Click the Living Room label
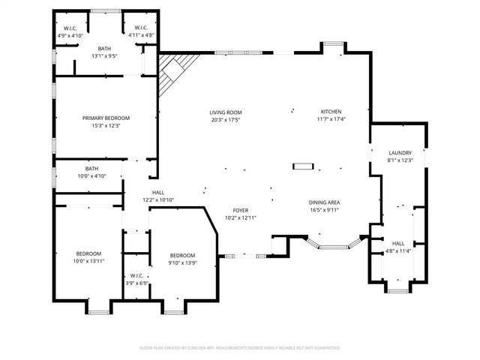(x=226, y=112)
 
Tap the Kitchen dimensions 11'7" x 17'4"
(x=331, y=119)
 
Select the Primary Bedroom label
(x=106, y=118)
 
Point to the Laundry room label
(x=400, y=153)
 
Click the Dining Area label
(x=324, y=202)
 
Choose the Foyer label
(x=241, y=210)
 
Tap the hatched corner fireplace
(x=175, y=73)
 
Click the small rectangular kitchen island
(x=303, y=166)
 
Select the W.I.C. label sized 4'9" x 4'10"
(x=70, y=28)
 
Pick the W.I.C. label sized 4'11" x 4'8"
(x=141, y=28)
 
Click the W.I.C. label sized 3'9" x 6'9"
(x=136, y=276)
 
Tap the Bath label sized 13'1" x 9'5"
(x=104, y=49)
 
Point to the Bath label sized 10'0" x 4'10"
(x=91, y=169)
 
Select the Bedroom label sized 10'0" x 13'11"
(x=88, y=253)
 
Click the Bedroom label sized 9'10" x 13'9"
(x=182, y=256)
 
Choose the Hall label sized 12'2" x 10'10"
(x=158, y=193)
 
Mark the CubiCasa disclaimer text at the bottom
(x=240, y=348)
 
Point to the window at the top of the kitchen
(x=333, y=43)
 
